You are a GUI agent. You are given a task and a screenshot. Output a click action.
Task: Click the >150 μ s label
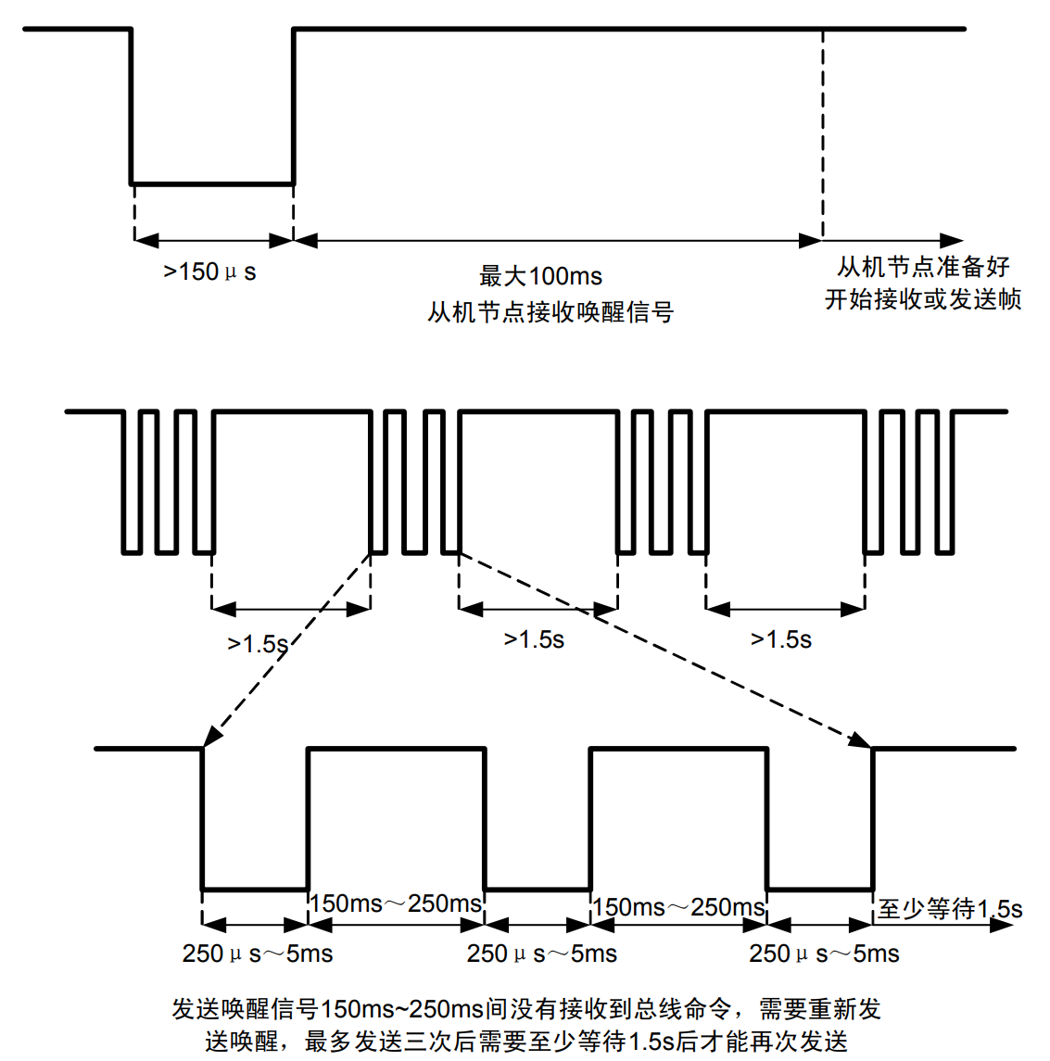coord(209,272)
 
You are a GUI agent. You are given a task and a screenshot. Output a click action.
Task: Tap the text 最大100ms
coord(540,276)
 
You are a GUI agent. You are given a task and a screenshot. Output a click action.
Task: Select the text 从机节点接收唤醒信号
coord(550,312)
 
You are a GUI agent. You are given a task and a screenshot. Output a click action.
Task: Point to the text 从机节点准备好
coord(923,267)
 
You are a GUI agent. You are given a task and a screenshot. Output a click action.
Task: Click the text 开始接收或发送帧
coord(923,299)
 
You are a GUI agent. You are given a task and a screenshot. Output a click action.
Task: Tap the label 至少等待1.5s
coord(950,909)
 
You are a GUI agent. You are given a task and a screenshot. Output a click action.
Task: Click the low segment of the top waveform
coord(212,183)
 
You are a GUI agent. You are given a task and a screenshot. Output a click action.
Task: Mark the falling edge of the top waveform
coord(131,107)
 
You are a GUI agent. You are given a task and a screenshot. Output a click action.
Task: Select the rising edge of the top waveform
coord(294,107)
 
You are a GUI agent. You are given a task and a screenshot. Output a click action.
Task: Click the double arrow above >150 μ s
coord(213,241)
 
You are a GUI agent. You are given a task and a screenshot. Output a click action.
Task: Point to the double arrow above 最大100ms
coord(558,241)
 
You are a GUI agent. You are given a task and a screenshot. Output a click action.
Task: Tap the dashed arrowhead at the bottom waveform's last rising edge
coord(861,740)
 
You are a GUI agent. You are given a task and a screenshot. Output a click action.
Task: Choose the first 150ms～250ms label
coord(396,903)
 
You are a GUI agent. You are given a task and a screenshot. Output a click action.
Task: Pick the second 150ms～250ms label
coord(678,906)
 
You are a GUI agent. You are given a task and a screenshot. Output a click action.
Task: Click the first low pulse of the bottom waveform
coord(255,889)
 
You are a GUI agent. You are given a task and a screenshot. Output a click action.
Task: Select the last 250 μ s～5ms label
coord(824,954)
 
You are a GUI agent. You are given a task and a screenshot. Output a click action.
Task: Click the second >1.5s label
coord(534,639)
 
